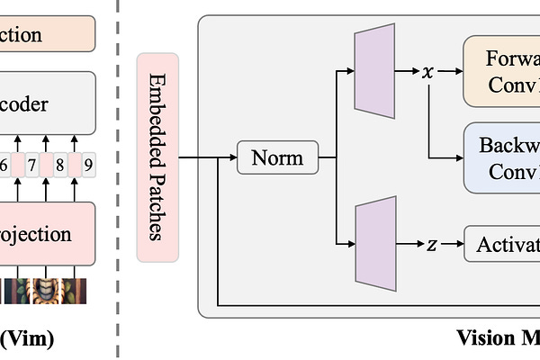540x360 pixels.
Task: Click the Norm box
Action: point(277,158)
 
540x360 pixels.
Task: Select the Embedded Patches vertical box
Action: point(157,157)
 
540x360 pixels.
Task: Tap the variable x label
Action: point(427,71)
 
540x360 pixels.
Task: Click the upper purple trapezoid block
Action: point(375,70)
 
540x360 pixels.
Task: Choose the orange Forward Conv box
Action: point(501,70)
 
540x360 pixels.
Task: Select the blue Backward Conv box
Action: point(501,158)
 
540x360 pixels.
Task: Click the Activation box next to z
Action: point(501,245)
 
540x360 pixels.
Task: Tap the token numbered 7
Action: point(31,165)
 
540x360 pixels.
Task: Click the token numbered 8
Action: point(59,165)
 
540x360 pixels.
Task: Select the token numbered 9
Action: point(87,165)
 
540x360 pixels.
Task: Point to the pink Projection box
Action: point(45,234)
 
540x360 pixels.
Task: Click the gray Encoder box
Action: point(45,104)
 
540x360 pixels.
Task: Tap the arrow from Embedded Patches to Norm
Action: point(207,158)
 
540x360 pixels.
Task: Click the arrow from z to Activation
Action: point(451,245)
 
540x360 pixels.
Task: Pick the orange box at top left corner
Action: point(45,34)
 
